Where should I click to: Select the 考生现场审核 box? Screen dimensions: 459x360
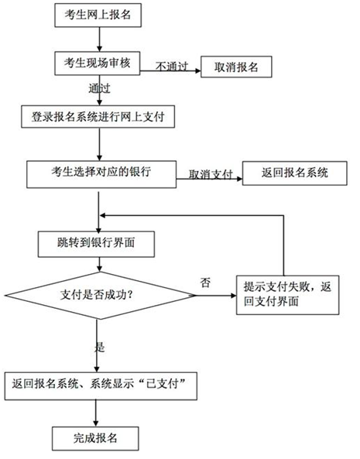pyautogui.click(x=96, y=62)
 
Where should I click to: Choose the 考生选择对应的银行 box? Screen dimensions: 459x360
pyautogui.click(x=101, y=173)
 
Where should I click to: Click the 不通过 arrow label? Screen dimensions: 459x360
pyautogui.click(x=172, y=64)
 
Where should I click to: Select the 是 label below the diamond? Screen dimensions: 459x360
pyautogui.click(x=99, y=346)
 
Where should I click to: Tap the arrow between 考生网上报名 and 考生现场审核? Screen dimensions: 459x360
pyautogui.click(x=96, y=38)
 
